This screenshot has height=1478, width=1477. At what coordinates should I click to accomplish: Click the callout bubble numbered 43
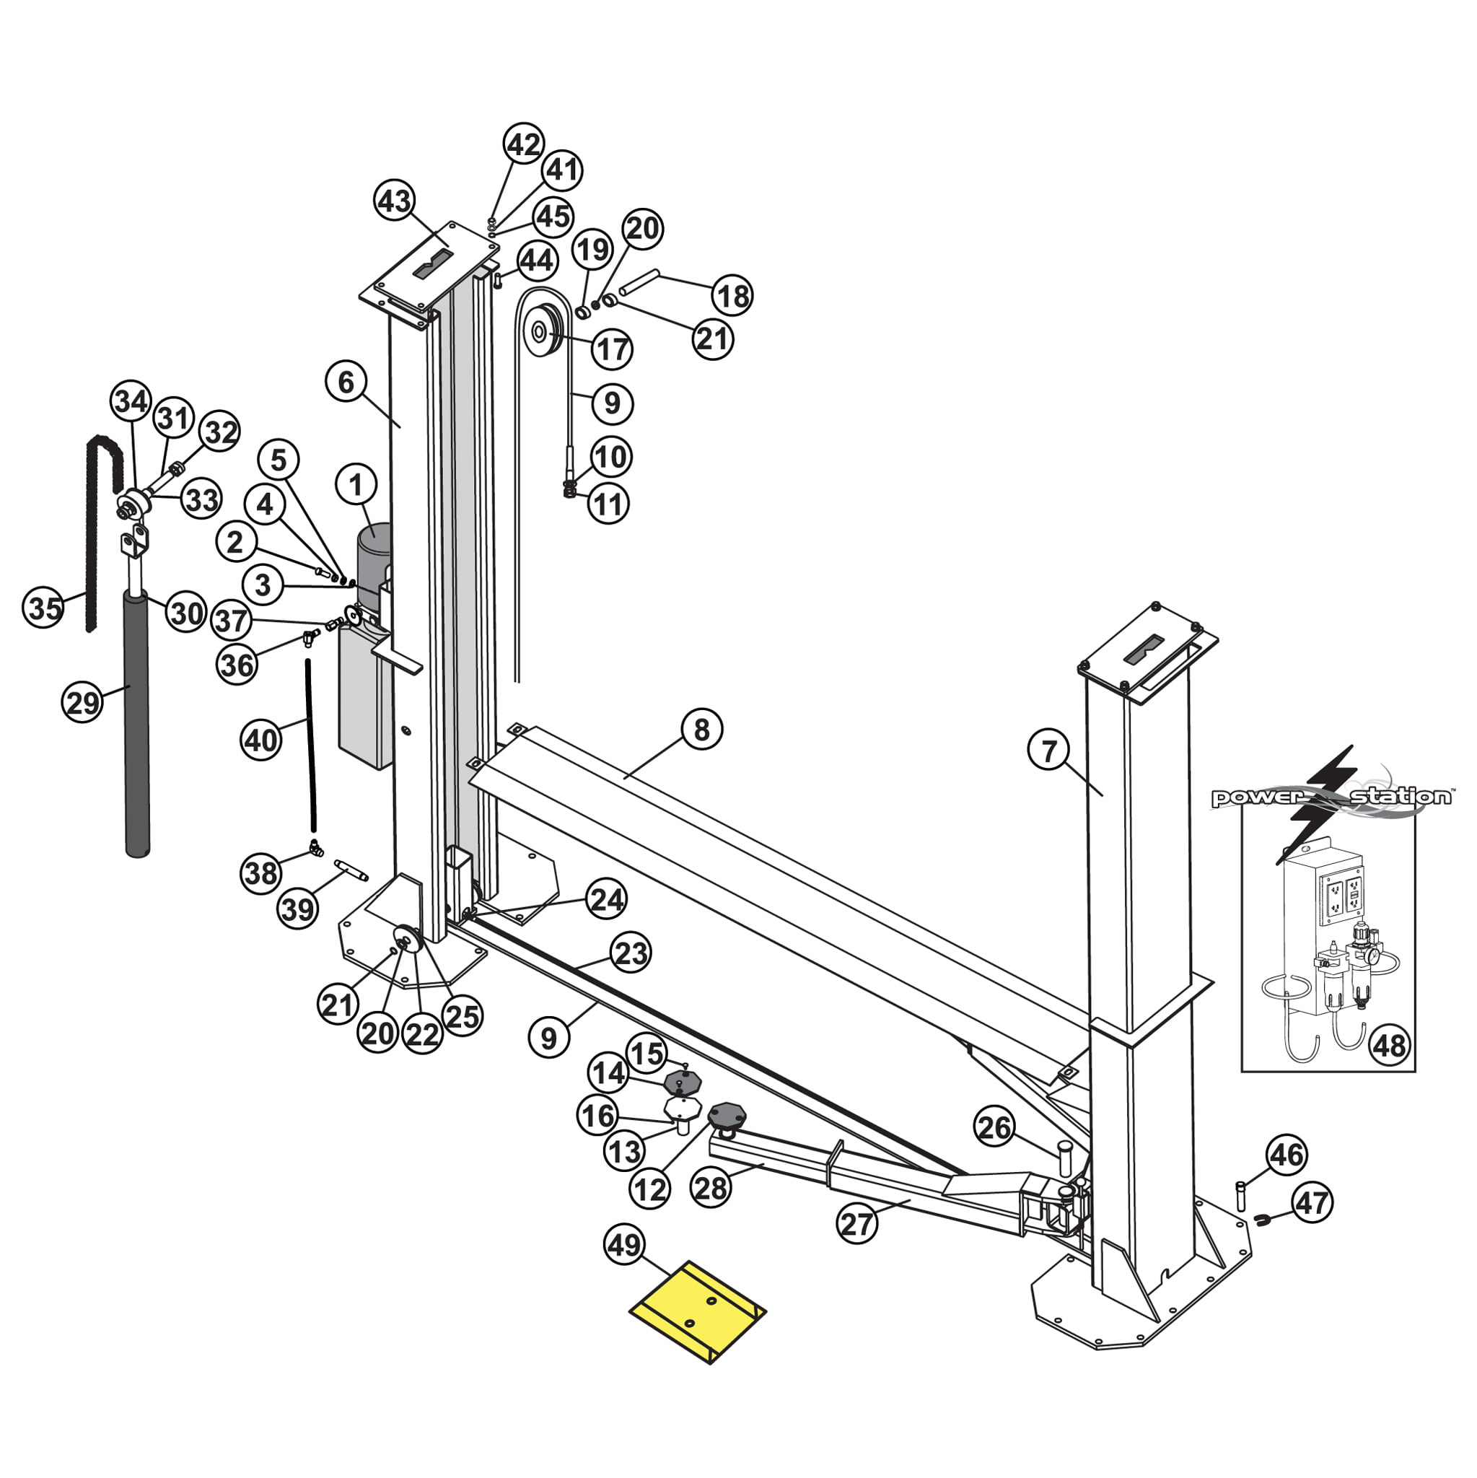[x=395, y=201]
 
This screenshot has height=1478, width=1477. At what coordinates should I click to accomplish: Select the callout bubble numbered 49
[x=624, y=1246]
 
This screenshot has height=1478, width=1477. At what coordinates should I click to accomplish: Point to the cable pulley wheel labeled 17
[x=545, y=331]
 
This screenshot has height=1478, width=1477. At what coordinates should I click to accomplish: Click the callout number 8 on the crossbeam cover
[x=701, y=730]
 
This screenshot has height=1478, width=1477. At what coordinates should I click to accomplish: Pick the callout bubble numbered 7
[x=1049, y=751]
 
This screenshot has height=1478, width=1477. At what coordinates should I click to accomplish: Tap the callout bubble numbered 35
[x=43, y=608]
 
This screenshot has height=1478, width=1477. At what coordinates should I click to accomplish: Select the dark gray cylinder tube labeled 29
[x=138, y=724]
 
